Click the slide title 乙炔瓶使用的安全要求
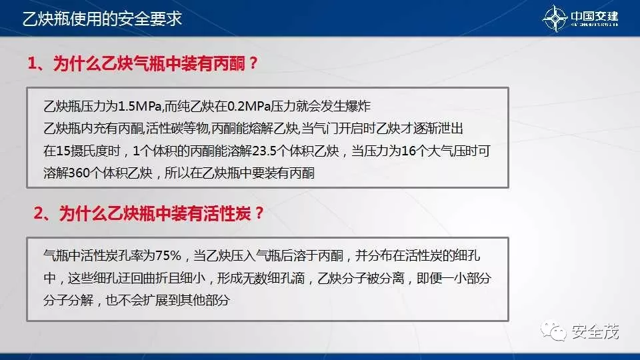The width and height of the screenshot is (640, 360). [102, 18]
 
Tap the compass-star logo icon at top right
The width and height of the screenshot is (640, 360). [556, 19]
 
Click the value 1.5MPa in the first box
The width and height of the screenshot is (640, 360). [139, 106]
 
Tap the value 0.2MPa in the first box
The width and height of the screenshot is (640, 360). [250, 106]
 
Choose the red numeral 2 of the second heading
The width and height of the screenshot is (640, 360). [39, 213]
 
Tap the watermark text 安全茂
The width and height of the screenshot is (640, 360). [595, 331]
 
